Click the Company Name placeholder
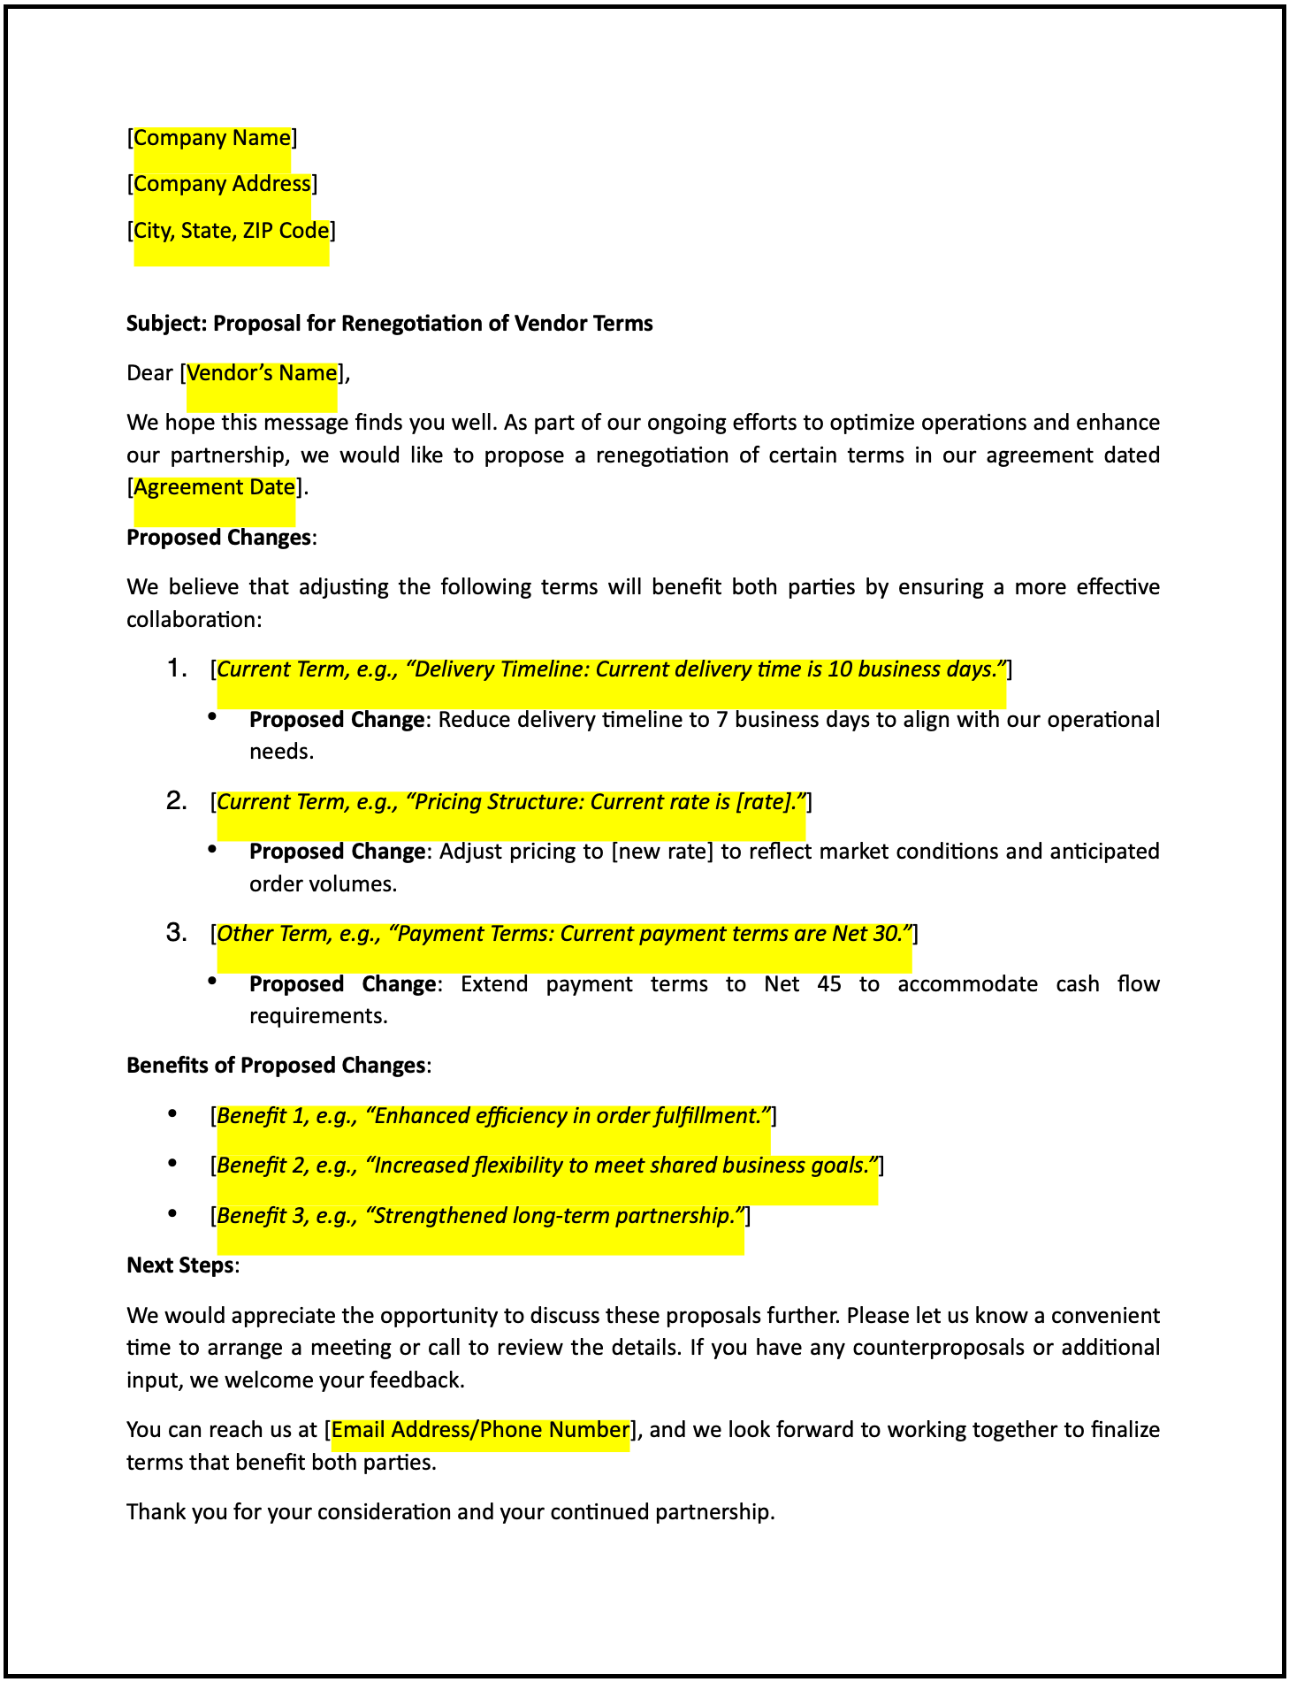[212, 138]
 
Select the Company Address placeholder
[222, 184]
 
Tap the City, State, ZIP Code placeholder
[232, 231]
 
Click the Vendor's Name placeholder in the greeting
[262, 373]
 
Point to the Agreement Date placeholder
[214, 487]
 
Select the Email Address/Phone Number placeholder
[480, 1430]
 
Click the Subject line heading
[389, 324]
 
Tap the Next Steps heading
[180, 1265]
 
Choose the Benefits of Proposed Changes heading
[276, 1066]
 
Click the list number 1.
[177, 669]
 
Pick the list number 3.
[177, 933]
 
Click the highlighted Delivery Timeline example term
[611, 669]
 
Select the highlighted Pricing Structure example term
[511, 802]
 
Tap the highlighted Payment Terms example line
[564, 934]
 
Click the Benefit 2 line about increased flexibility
[547, 1166]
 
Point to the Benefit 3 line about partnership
[480, 1216]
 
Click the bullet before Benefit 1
[173, 1114]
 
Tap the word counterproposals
[940, 1348]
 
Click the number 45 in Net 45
[829, 984]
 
